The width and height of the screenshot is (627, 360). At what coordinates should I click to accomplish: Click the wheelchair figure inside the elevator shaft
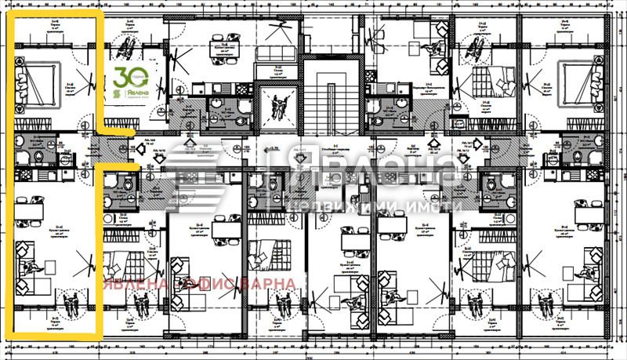(x=278, y=100)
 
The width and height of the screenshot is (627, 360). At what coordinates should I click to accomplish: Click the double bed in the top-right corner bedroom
(x=578, y=78)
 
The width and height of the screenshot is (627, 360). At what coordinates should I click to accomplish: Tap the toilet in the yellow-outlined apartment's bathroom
(x=23, y=158)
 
